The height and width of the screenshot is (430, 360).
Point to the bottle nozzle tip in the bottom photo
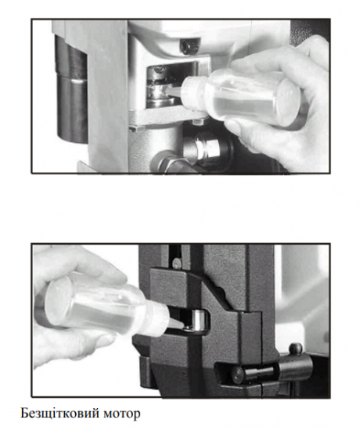tap(182, 326)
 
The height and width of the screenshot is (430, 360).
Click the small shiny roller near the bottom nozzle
tap(200, 321)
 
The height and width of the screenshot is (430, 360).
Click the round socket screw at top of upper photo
tap(189, 45)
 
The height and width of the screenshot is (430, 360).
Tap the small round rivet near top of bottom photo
tap(177, 263)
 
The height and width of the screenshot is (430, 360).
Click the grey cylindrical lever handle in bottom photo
tap(295, 367)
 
